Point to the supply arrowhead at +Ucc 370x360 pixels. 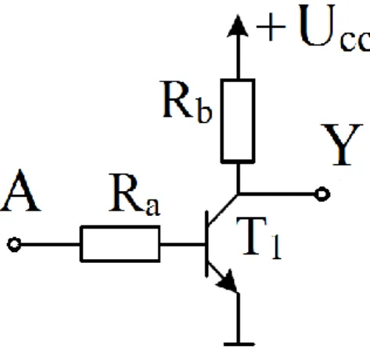pyautogui.click(x=238, y=26)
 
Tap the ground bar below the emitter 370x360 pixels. pyautogui.click(x=239, y=344)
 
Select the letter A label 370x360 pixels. pyautogui.click(x=20, y=190)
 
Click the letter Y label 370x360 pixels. pyautogui.click(x=342, y=145)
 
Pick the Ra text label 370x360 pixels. pyautogui.click(x=135, y=194)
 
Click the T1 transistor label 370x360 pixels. pyautogui.click(x=259, y=237)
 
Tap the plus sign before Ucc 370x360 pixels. pyautogui.click(x=271, y=27)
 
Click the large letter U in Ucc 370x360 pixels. pyautogui.click(x=317, y=25)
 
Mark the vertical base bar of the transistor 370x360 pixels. pyautogui.click(x=207, y=244)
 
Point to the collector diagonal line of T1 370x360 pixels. pyautogui.click(x=223, y=209)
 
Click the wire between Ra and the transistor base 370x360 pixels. pyautogui.click(x=182, y=244)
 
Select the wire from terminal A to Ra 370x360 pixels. pyautogui.click(x=50, y=245)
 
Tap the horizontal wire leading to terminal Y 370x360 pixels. pyautogui.click(x=276, y=194)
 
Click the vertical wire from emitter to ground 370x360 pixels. pyautogui.click(x=238, y=318)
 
